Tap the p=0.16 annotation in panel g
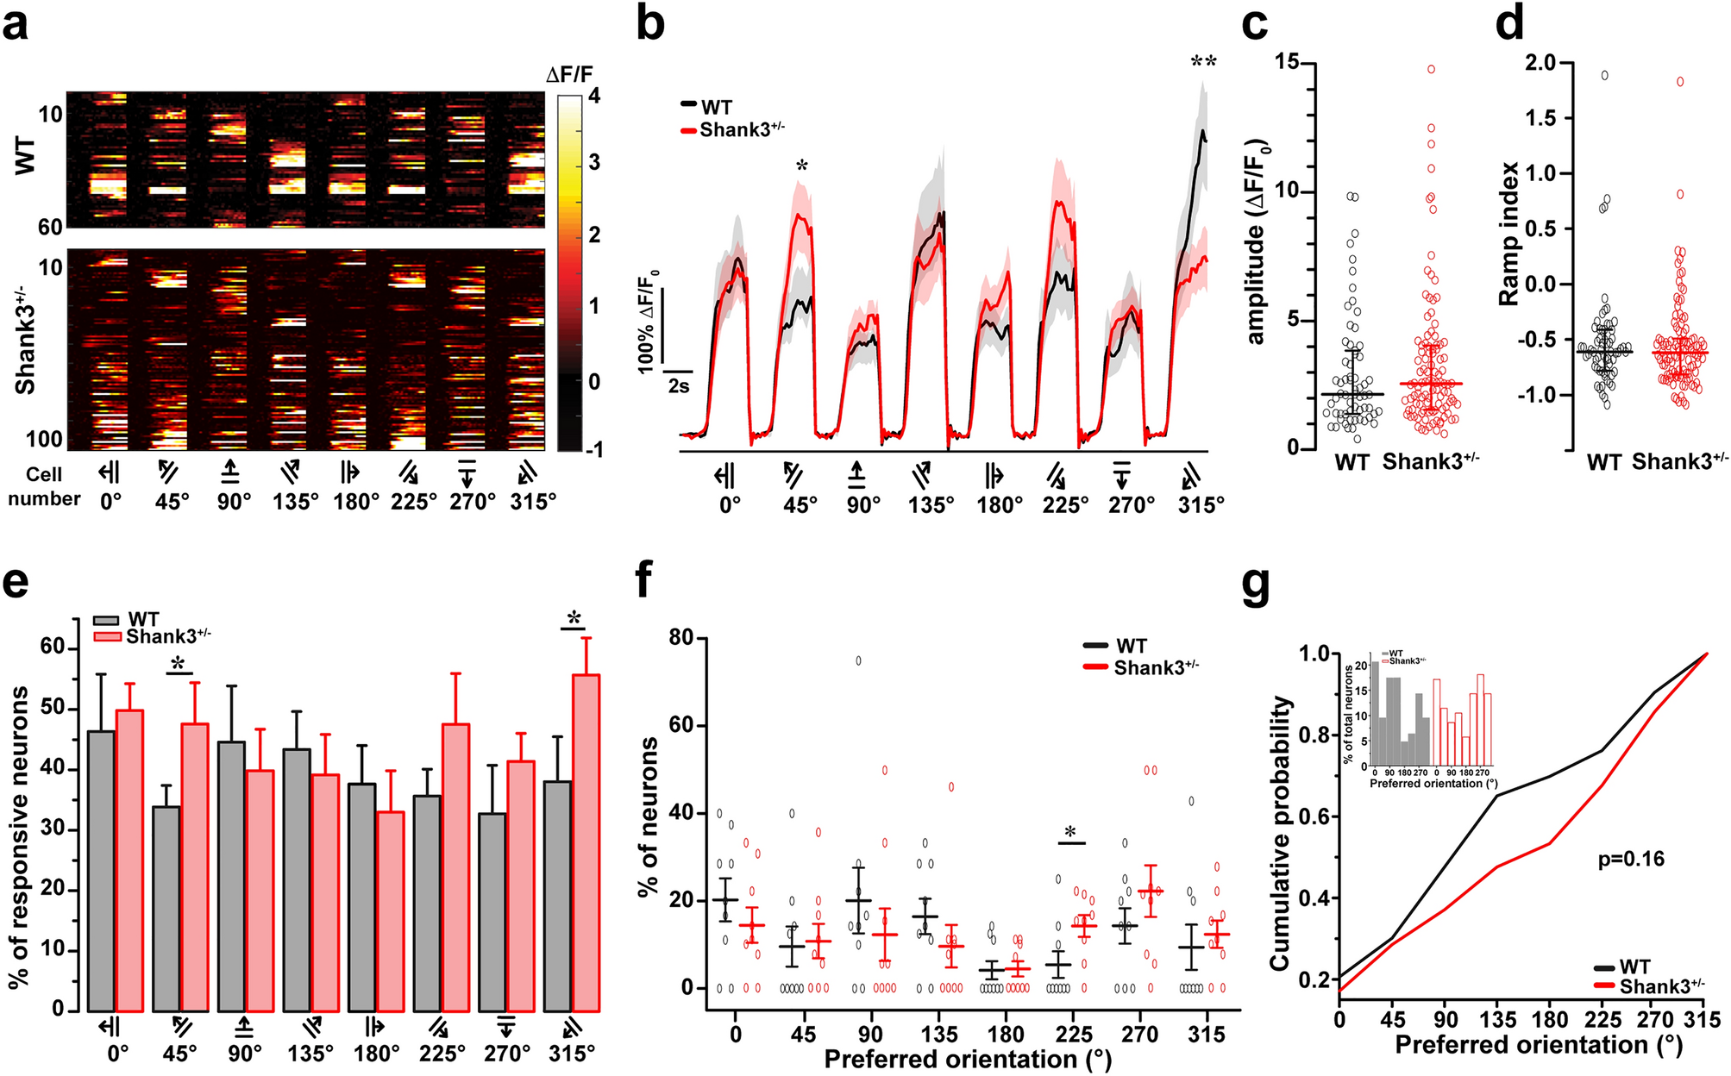point(1631,859)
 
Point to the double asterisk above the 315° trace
point(1203,63)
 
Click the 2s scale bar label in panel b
point(679,385)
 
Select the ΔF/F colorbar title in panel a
point(569,74)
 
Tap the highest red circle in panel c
point(1431,69)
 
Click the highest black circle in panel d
point(1605,75)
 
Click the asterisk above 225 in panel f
point(1070,833)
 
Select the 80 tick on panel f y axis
point(681,638)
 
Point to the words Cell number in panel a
point(43,486)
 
